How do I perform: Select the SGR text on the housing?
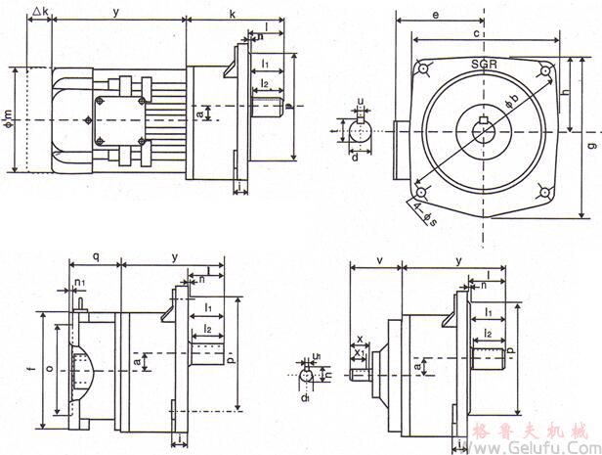[486, 64]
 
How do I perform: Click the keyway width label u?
[361, 101]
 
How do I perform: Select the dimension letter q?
[94, 256]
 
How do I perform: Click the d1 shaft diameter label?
[306, 397]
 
